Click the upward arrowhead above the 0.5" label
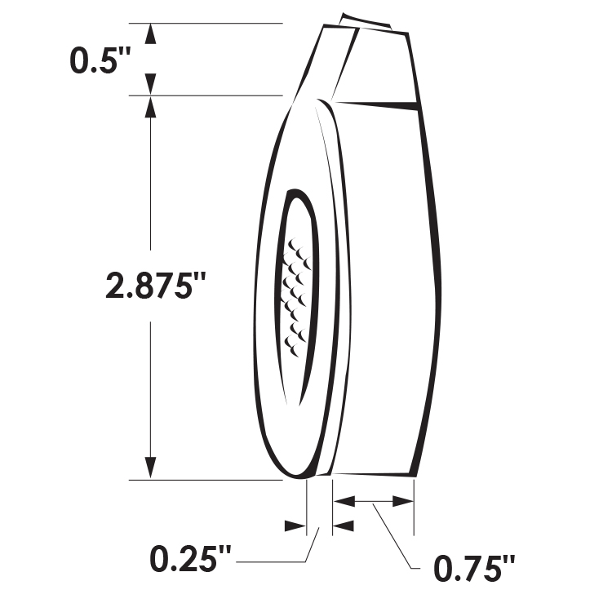[150, 35]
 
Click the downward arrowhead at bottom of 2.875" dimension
[150, 467]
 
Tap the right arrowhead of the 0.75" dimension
[403, 501]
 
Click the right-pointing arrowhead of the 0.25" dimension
[295, 525]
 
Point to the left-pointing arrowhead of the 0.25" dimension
[344, 525]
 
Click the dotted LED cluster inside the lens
[295, 294]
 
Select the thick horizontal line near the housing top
[376, 104]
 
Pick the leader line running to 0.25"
[277, 561]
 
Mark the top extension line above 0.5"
[212, 23]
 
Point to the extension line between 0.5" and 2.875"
[212, 95]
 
